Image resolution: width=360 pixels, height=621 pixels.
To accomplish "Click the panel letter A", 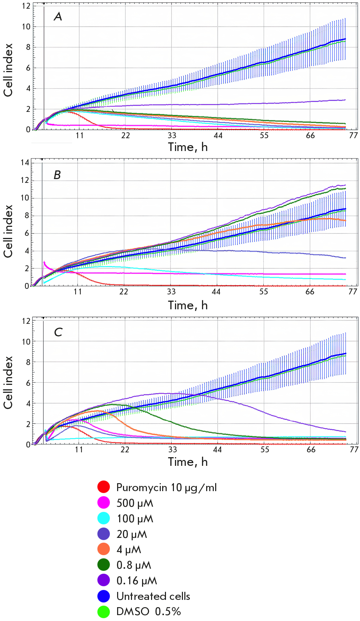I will click(x=58, y=16).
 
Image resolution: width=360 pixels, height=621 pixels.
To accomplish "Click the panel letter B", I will click(x=57, y=175).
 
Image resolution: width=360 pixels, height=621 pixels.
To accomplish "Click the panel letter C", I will click(x=58, y=332).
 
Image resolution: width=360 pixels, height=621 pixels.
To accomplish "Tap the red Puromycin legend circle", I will click(x=104, y=487).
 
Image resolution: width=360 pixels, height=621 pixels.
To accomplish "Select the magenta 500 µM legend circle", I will click(x=104, y=503).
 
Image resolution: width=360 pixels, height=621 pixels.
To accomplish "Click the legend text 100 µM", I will click(x=135, y=518).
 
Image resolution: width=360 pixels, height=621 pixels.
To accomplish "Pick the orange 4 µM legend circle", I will click(x=104, y=549).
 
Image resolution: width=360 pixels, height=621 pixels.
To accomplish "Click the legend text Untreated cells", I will click(x=153, y=596).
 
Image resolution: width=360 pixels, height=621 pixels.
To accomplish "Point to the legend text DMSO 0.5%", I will click(x=149, y=611).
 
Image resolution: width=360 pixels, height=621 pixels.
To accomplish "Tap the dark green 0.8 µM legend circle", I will click(x=104, y=565).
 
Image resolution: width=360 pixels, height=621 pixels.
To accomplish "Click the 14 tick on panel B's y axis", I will click(x=25, y=162).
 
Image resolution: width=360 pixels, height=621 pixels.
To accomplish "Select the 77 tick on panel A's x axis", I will click(x=353, y=135).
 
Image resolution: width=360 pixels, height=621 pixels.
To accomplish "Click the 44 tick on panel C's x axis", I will click(x=217, y=450).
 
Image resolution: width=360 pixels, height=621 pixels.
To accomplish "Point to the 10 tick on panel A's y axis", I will click(x=26, y=27).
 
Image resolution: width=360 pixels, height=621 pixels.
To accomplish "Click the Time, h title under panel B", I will click(x=188, y=305).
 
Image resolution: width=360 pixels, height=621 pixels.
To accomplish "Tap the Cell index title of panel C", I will click(x=8, y=382).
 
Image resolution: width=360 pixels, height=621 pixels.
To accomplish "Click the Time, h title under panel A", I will click(x=188, y=147).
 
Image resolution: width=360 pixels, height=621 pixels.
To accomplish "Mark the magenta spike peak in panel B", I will click(x=44, y=262).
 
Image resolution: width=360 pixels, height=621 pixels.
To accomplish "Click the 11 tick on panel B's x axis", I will click(x=78, y=292).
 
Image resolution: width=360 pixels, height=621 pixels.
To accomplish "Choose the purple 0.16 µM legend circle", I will click(x=104, y=580).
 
